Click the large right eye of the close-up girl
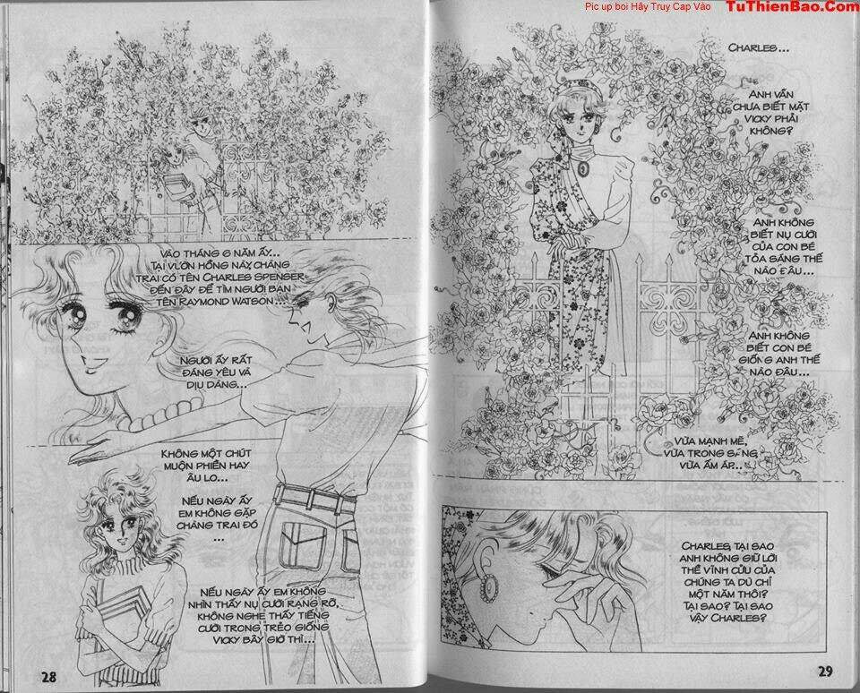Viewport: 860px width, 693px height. (x=123, y=314)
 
